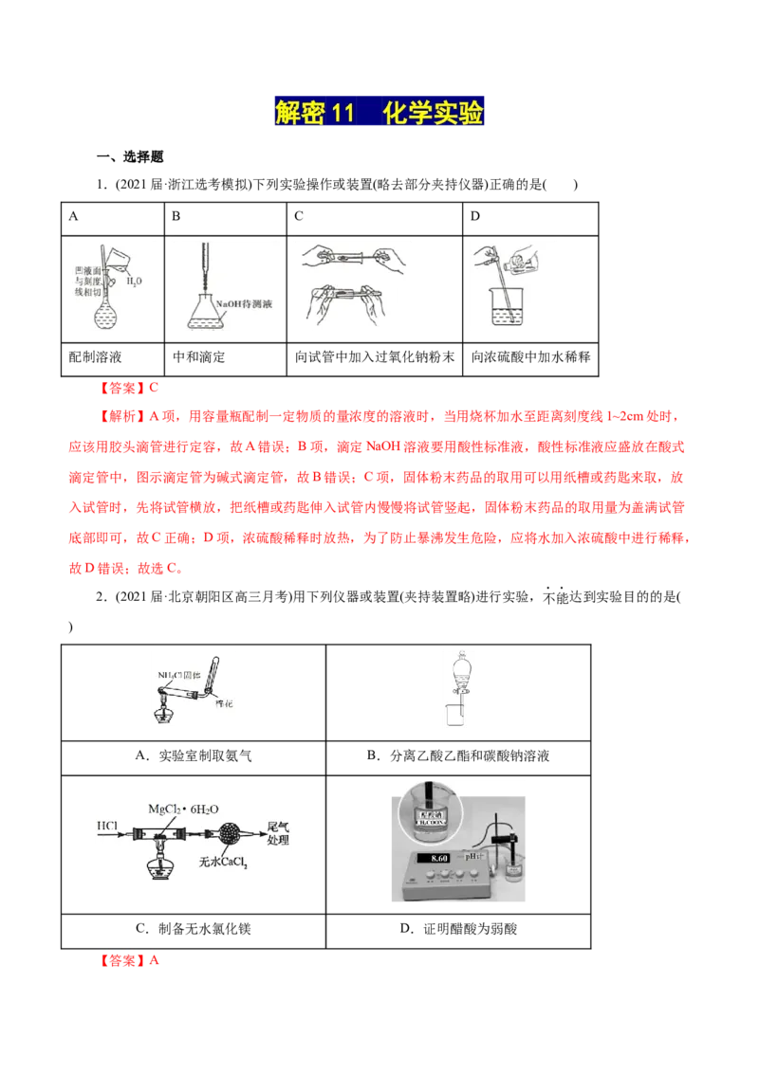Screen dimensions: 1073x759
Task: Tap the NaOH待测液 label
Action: click(246, 303)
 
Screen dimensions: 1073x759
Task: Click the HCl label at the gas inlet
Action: click(107, 827)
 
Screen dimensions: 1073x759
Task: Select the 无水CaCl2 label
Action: click(223, 863)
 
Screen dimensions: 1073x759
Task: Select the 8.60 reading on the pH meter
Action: click(438, 858)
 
